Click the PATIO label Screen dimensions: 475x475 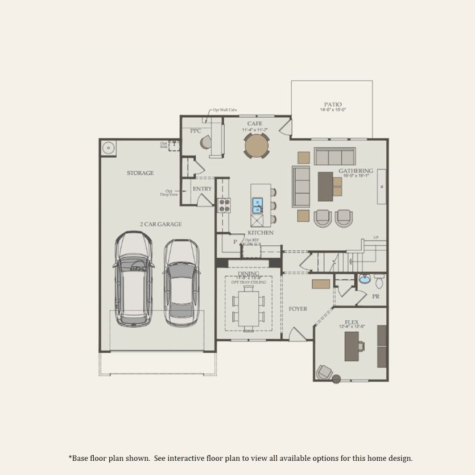333,104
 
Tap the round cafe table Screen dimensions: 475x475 257,146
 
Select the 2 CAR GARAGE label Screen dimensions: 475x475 161,224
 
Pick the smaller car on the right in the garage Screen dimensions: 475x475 181,283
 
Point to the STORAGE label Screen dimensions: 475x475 140,173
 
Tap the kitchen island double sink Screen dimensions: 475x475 258,203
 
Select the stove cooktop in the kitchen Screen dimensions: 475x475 222,204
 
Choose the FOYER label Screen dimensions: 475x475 298,309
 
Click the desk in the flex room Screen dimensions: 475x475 353,346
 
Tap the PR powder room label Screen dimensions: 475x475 375,296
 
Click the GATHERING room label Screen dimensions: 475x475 356,171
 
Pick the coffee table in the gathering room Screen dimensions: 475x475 326,186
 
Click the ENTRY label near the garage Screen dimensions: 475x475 202,189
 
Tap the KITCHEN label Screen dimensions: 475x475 260,233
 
